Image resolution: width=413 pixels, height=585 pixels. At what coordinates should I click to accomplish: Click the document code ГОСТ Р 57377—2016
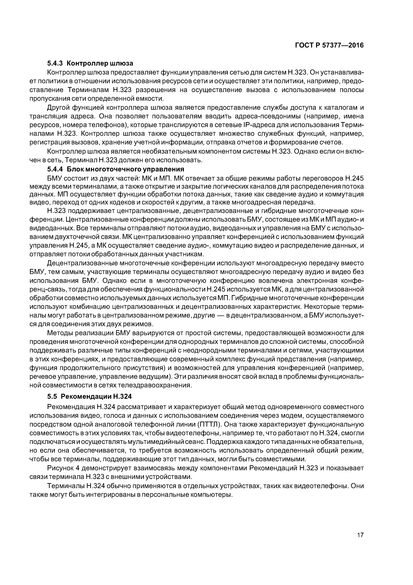click(x=329, y=45)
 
